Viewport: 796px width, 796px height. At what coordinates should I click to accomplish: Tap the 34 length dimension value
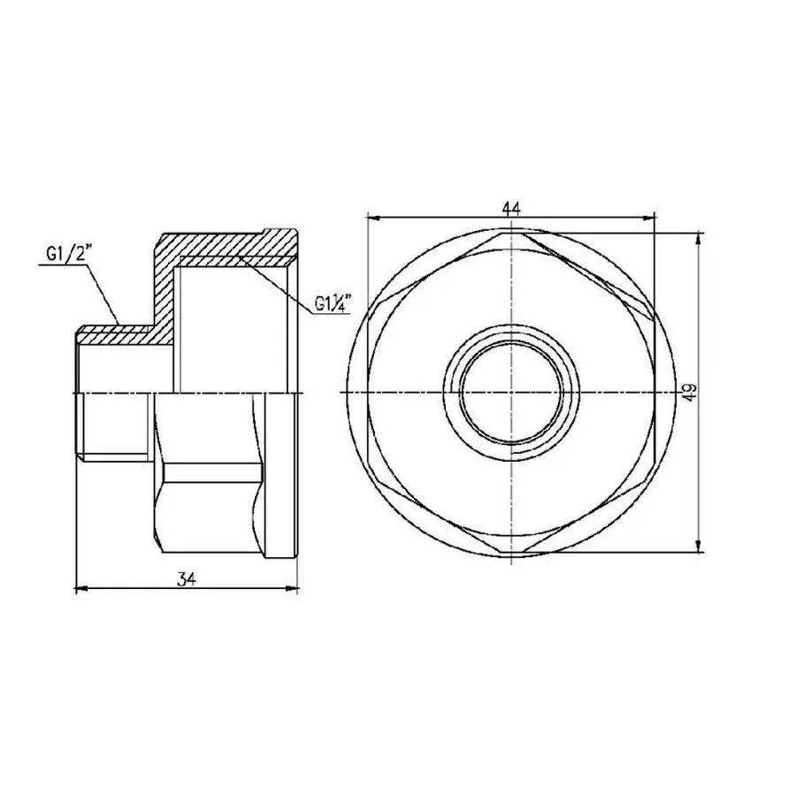pyautogui.click(x=185, y=579)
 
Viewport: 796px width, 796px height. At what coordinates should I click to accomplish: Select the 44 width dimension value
pyautogui.click(x=510, y=207)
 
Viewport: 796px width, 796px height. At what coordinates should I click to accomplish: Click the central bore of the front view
pyautogui.click(x=510, y=392)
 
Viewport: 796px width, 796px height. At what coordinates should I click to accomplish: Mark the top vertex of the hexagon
pyautogui.click(x=510, y=233)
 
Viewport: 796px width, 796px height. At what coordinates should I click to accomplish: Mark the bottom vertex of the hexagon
pyautogui.click(x=510, y=552)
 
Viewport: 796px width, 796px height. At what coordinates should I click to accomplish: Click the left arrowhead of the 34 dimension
pyautogui.click(x=80, y=587)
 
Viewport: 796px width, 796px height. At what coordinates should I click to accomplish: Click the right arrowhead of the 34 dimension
pyautogui.click(x=295, y=587)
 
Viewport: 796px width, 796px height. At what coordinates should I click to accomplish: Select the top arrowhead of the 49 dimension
pyautogui.click(x=700, y=235)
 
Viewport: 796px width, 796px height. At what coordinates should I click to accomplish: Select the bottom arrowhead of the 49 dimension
pyautogui.click(x=700, y=548)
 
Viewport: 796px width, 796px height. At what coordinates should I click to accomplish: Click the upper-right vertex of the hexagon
pyautogui.click(x=651, y=311)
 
